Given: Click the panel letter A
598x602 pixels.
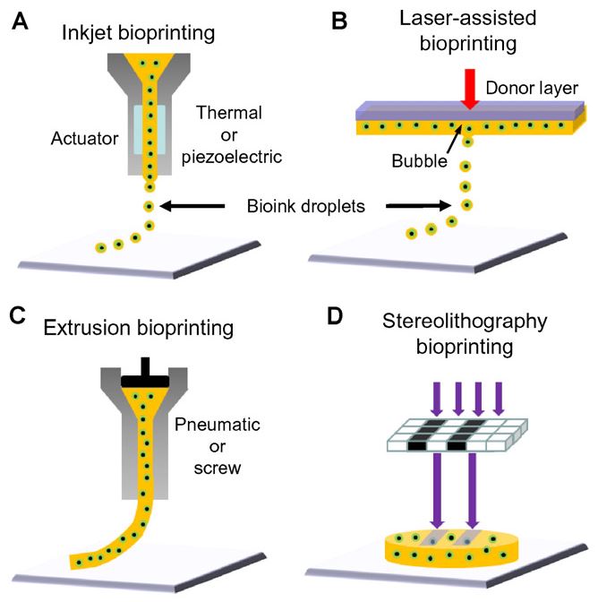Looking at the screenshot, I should coord(19,21).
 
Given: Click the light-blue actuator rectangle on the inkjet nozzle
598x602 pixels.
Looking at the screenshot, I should coord(148,127).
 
